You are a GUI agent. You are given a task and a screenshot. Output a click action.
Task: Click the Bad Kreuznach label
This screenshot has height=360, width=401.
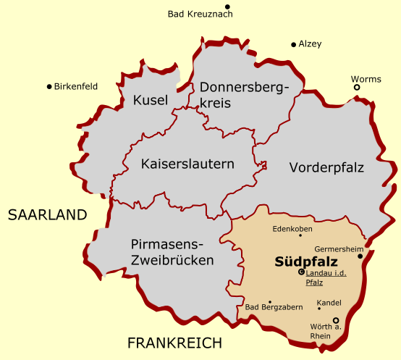pyautogui.click(x=200, y=14)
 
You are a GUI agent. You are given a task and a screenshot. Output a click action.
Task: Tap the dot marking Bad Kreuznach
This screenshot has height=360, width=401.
pyautogui.click(x=227, y=6)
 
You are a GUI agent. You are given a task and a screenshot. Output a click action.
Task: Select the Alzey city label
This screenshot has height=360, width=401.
pyautogui.click(x=310, y=44)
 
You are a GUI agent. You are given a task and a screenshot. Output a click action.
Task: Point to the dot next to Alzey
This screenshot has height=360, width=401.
pyautogui.click(x=293, y=44)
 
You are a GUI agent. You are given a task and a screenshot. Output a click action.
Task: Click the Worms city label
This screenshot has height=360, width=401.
pyautogui.click(x=366, y=79)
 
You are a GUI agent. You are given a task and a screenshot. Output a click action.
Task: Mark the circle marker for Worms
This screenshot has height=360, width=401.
pyautogui.click(x=357, y=88)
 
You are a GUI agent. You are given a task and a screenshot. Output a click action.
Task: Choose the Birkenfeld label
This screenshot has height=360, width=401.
pyautogui.click(x=75, y=86)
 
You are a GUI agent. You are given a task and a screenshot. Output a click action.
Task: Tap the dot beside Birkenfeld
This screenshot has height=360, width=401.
pyautogui.click(x=48, y=86)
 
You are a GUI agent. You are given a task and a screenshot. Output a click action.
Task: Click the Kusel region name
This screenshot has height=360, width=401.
pyautogui.click(x=151, y=100)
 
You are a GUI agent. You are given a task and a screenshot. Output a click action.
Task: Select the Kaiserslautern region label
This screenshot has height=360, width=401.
pyautogui.click(x=187, y=164)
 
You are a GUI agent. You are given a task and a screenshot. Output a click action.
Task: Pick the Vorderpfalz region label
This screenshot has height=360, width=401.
pyautogui.click(x=326, y=167)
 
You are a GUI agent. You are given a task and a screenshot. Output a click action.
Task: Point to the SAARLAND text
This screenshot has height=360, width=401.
pyautogui.click(x=47, y=215)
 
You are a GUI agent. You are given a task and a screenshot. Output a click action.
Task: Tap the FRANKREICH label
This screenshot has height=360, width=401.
pyautogui.click(x=174, y=343)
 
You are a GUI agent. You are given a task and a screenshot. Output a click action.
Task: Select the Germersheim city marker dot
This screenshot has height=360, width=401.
pyautogui.click(x=360, y=256)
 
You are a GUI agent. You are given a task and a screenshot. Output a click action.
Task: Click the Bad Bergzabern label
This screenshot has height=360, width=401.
pyautogui.click(x=274, y=308)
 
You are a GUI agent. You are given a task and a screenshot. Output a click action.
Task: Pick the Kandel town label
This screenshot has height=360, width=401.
pyautogui.click(x=329, y=302)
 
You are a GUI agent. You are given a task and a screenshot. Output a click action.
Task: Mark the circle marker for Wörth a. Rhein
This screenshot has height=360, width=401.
pyautogui.click(x=335, y=320)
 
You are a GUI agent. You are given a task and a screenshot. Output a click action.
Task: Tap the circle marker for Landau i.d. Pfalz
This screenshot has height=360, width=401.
pyautogui.click(x=301, y=272)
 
